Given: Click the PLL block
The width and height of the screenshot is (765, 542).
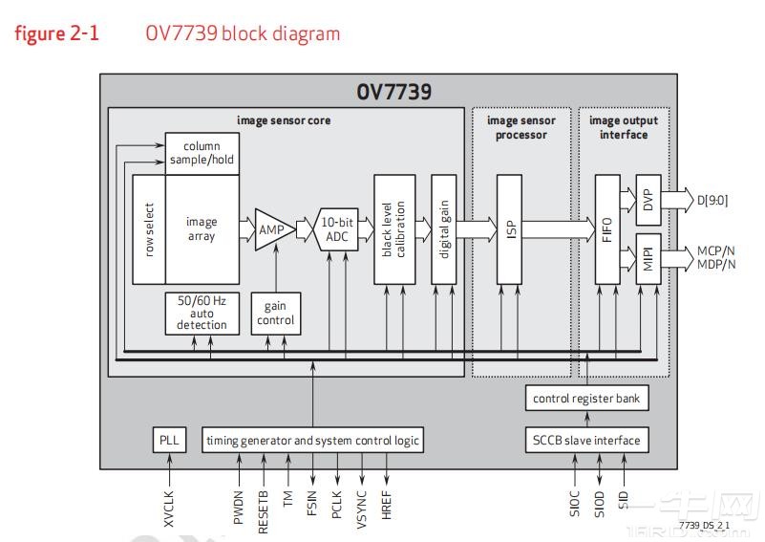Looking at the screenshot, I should coord(170,441).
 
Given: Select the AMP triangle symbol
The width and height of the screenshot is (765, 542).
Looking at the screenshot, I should coord(272,229).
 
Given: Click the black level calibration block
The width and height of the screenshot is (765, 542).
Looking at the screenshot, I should coord(394,229).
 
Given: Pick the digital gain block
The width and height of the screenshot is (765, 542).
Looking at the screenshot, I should coord(444,229).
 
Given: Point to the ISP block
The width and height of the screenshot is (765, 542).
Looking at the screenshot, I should coord(510,229).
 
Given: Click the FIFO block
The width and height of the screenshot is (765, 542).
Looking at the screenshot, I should coord(607,229).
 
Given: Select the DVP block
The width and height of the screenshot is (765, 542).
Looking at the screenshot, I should coord(648,199).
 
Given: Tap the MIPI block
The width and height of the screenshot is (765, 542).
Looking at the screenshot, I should coord(648,258).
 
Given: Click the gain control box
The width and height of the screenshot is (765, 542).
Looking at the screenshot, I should coord(275,314).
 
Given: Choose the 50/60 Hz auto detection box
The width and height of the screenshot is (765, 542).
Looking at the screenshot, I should coord(202,313).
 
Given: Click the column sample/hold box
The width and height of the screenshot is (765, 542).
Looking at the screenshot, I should coord(202,153).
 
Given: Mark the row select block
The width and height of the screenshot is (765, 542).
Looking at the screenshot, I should coord(149,229).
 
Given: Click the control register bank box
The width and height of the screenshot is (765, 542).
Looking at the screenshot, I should coord(586,398).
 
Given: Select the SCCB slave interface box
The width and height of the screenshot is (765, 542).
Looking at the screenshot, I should coord(586,441).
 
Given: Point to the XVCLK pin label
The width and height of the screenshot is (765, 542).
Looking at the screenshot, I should coord(170,501).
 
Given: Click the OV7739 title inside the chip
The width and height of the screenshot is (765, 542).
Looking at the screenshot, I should coord(393,92).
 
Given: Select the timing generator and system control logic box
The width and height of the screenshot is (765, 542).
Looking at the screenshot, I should coord(312,441).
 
